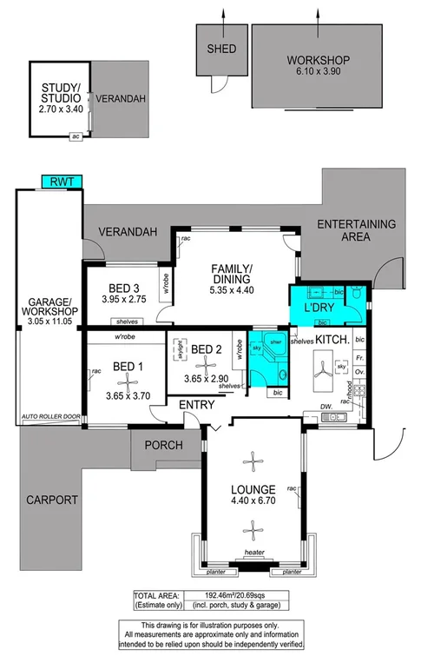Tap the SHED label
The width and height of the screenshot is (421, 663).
(x=216, y=49)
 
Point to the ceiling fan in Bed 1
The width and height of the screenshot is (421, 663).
(x=128, y=378)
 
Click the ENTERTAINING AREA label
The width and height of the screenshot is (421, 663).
(x=355, y=230)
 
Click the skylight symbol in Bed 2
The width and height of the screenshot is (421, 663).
(x=181, y=349)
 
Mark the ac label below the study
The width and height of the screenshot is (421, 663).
(x=76, y=136)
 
